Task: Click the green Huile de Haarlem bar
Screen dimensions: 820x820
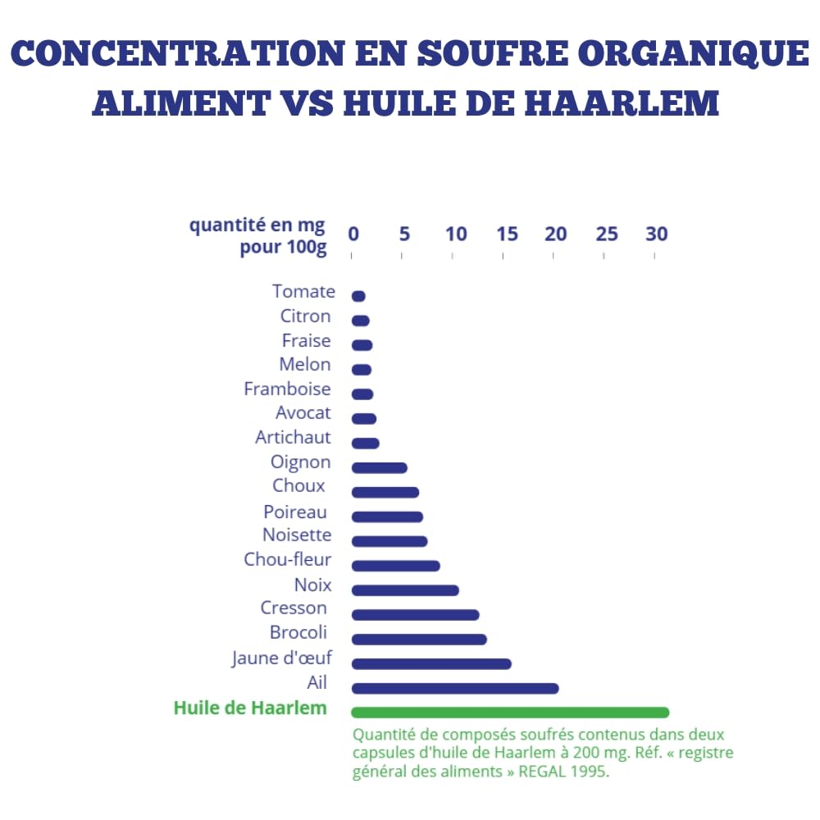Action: pos(510,713)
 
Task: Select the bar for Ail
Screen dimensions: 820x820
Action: pos(455,688)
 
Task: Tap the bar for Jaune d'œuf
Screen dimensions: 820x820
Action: pos(431,663)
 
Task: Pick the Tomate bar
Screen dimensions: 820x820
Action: pos(358,296)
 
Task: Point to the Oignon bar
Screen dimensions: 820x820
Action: pos(379,467)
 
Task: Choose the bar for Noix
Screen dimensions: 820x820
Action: pos(405,590)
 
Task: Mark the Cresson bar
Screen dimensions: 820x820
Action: pos(415,614)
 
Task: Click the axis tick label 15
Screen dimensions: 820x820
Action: pos(507,234)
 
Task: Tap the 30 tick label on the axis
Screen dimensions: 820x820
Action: pos(656,234)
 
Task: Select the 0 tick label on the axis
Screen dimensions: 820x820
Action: pos(353,234)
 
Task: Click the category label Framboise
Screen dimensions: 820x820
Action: pos(287,389)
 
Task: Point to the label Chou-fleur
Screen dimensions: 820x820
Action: pos(287,559)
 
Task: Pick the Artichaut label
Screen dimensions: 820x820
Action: pos(293,437)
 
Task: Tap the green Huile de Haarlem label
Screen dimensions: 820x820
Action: pos(250,708)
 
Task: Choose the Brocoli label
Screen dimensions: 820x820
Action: pos(298,632)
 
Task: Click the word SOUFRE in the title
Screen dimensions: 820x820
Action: pos(492,53)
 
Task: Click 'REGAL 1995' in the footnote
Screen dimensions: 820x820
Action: pos(564,772)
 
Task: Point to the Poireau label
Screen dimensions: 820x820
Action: pos(295,512)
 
